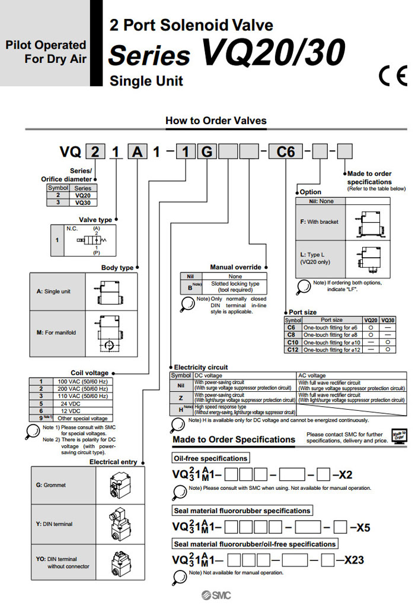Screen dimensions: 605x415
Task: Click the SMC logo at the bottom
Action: tap(214, 596)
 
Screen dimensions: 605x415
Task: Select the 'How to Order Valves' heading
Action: tap(216, 121)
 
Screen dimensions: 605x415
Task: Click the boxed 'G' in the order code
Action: tap(207, 152)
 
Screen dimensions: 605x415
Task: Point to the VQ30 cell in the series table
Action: tap(87, 202)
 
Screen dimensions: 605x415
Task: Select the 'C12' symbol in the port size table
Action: tap(292, 350)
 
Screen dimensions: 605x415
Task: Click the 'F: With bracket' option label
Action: tap(320, 221)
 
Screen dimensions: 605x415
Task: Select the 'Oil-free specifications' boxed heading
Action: tap(210, 458)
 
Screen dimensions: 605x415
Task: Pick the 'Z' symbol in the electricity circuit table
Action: tap(180, 397)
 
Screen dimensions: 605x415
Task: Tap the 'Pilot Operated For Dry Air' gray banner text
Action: tap(46, 52)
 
